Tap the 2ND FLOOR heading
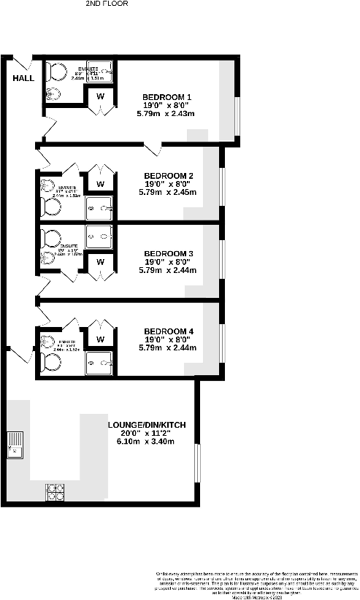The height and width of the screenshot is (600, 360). point(107,4)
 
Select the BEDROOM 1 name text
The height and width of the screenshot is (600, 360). point(166,97)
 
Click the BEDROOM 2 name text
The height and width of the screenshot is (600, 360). point(169,176)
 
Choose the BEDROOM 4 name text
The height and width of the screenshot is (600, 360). point(169,332)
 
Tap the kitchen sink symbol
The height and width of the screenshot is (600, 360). point(15,444)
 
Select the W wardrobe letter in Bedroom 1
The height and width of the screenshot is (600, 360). point(100,96)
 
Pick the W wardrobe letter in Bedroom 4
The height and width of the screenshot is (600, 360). point(100,339)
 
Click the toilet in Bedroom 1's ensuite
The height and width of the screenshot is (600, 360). point(55,72)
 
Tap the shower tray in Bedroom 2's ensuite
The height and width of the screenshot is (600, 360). point(100,207)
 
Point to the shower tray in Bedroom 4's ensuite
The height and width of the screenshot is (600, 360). point(100,363)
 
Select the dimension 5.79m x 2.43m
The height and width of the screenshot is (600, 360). point(166,114)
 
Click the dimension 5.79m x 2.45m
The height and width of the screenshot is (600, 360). point(169,193)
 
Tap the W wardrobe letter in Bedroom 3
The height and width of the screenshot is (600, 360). point(100,261)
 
